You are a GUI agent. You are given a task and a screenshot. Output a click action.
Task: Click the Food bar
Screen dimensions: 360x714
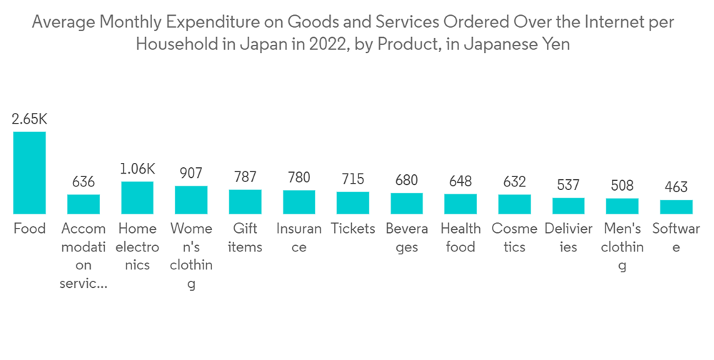pos(29,173)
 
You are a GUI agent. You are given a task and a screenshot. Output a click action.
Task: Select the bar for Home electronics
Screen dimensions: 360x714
pos(137,198)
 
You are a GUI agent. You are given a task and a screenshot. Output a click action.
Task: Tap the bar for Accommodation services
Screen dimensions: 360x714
pos(84,204)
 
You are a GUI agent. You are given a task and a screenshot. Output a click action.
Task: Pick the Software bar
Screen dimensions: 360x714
pos(676,207)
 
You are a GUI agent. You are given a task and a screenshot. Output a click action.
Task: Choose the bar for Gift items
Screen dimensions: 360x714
pos(245,202)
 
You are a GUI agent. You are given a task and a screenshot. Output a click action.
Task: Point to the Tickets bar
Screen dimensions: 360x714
pos(353,203)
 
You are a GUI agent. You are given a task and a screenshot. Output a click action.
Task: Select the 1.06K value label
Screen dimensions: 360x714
pos(137,169)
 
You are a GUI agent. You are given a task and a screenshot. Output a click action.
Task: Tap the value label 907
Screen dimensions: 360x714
pos(191,174)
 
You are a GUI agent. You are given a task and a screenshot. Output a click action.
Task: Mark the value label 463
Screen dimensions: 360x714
pos(676,187)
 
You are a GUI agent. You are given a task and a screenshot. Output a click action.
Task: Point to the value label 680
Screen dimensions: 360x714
pos(407,180)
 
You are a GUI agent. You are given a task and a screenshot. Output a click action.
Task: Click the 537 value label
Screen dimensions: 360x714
pos(568,185)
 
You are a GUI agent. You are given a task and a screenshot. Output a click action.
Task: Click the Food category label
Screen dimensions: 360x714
pos(29,229)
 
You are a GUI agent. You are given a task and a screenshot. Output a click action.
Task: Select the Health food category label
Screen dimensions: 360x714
pos(461,238)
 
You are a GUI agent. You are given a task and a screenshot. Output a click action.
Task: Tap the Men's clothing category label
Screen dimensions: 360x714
pos(623,247)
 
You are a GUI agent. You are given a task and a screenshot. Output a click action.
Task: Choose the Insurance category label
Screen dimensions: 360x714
pos(299,238)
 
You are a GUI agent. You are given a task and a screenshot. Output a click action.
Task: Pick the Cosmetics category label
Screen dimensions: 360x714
pos(515,238)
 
